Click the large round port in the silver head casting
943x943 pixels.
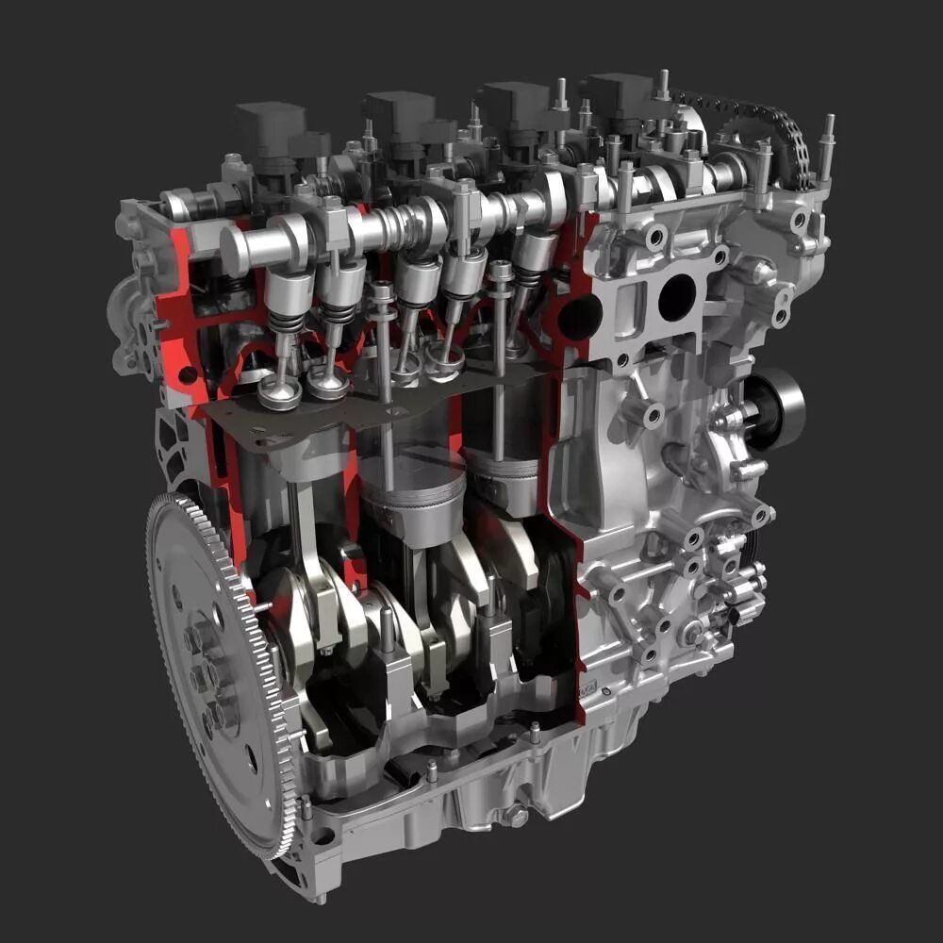point(676,298)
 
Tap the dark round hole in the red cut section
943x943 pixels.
point(579,317)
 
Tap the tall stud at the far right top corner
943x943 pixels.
point(828,141)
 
